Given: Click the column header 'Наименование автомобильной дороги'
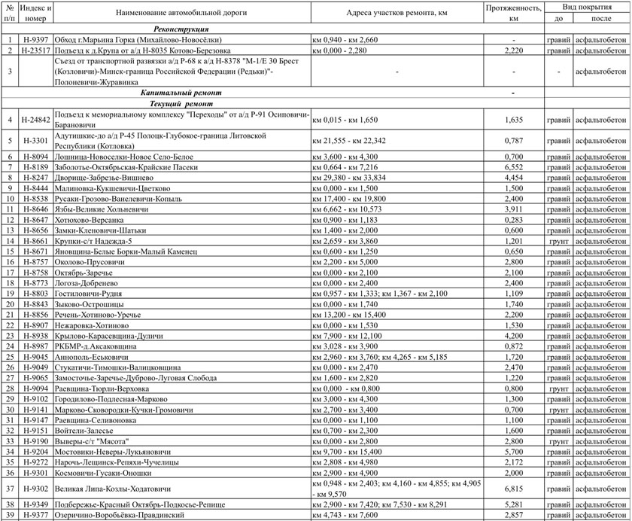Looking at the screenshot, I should (181, 14).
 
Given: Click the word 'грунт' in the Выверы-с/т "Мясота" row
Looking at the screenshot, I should (558, 440).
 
